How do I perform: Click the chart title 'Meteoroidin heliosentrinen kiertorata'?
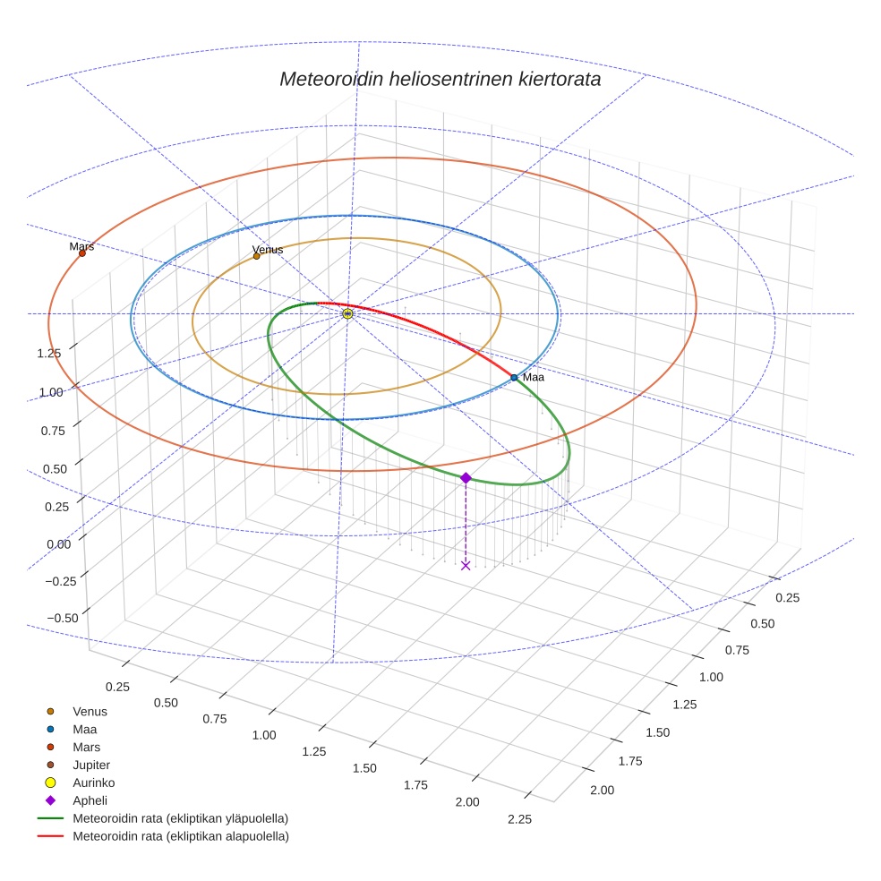pyautogui.click(x=440, y=79)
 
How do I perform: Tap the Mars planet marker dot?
pyautogui.click(x=81, y=253)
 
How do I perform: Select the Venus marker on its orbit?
pyautogui.click(x=256, y=256)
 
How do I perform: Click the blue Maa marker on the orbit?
pyautogui.click(x=514, y=378)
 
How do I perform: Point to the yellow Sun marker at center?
pyautogui.click(x=347, y=313)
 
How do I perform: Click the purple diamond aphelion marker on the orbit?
pyautogui.click(x=466, y=478)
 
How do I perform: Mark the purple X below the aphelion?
pyautogui.click(x=466, y=565)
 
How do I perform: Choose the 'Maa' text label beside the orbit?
pyautogui.click(x=534, y=377)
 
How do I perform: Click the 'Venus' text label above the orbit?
pyautogui.click(x=268, y=249)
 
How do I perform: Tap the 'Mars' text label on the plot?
pyautogui.click(x=81, y=245)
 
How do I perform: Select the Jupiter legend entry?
pyautogui.click(x=90, y=765)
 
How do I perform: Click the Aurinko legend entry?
pyautogui.click(x=93, y=783)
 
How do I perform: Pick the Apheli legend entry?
pyautogui.click(x=90, y=800)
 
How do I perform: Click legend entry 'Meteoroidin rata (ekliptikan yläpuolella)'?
pyautogui.click(x=180, y=818)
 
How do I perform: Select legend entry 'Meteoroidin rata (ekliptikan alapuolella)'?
pyautogui.click(x=180, y=836)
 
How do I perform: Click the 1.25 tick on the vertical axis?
pyautogui.click(x=49, y=353)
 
